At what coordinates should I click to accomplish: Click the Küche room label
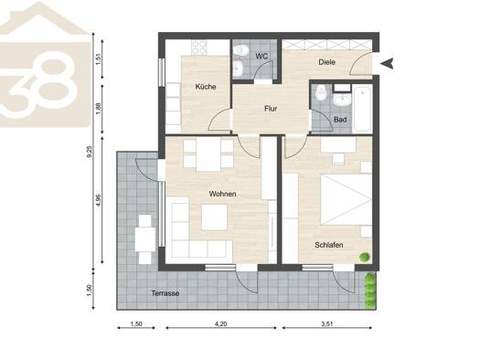point(206,87)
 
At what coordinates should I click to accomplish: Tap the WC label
point(261,57)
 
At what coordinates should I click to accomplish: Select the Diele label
point(327,62)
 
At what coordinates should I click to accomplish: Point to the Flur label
point(271,109)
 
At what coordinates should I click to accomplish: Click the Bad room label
point(340,120)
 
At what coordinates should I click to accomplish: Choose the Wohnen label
point(222,194)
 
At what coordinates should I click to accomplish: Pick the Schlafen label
point(329,245)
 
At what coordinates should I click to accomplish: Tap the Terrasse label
point(165,293)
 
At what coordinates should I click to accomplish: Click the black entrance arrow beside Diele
point(387,63)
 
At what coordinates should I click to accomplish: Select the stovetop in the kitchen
point(199,48)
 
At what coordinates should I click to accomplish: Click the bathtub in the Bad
point(362,109)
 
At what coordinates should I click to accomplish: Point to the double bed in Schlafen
point(347,199)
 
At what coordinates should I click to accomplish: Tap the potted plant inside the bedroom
point(364,258)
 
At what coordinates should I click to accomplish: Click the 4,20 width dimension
point(221,323)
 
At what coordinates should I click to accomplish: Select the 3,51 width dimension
point(327,323)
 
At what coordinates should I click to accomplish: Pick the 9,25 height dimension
point(90,152)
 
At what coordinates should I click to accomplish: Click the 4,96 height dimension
point(98,200)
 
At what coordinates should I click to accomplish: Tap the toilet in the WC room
point(242,50)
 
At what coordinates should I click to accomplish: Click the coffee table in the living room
point(214,217)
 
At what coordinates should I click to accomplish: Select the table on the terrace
point(145,239)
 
